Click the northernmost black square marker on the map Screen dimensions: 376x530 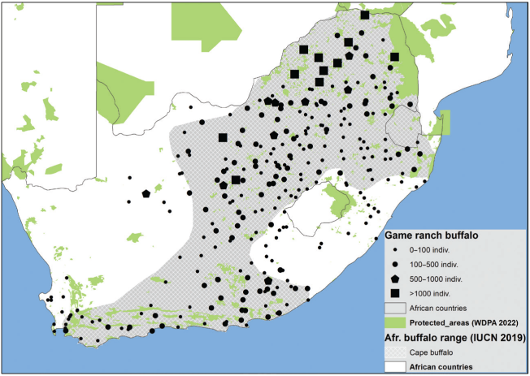[364, 15]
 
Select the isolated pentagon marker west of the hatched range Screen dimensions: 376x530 [146, 194]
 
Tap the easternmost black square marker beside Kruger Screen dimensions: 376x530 [394, 57]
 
